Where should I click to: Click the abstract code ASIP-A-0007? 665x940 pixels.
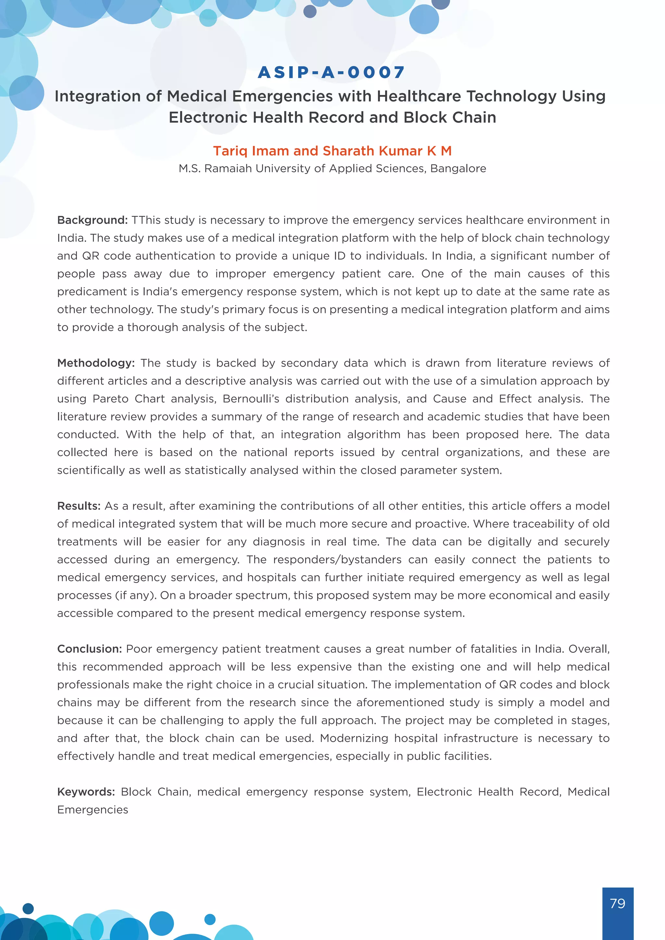[x=331, y=72]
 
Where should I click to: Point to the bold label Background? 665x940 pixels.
[x=93, y=220]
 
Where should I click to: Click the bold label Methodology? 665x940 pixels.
[x=96, y=363]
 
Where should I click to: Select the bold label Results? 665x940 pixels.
[x=79, y=506]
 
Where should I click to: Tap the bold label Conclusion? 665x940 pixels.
[x=90, y=649]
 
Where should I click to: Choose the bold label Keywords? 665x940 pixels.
[x=86, y=792]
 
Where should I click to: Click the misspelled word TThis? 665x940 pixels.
[x=146, y=220]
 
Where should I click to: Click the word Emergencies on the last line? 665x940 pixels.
[x=93, y=810]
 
